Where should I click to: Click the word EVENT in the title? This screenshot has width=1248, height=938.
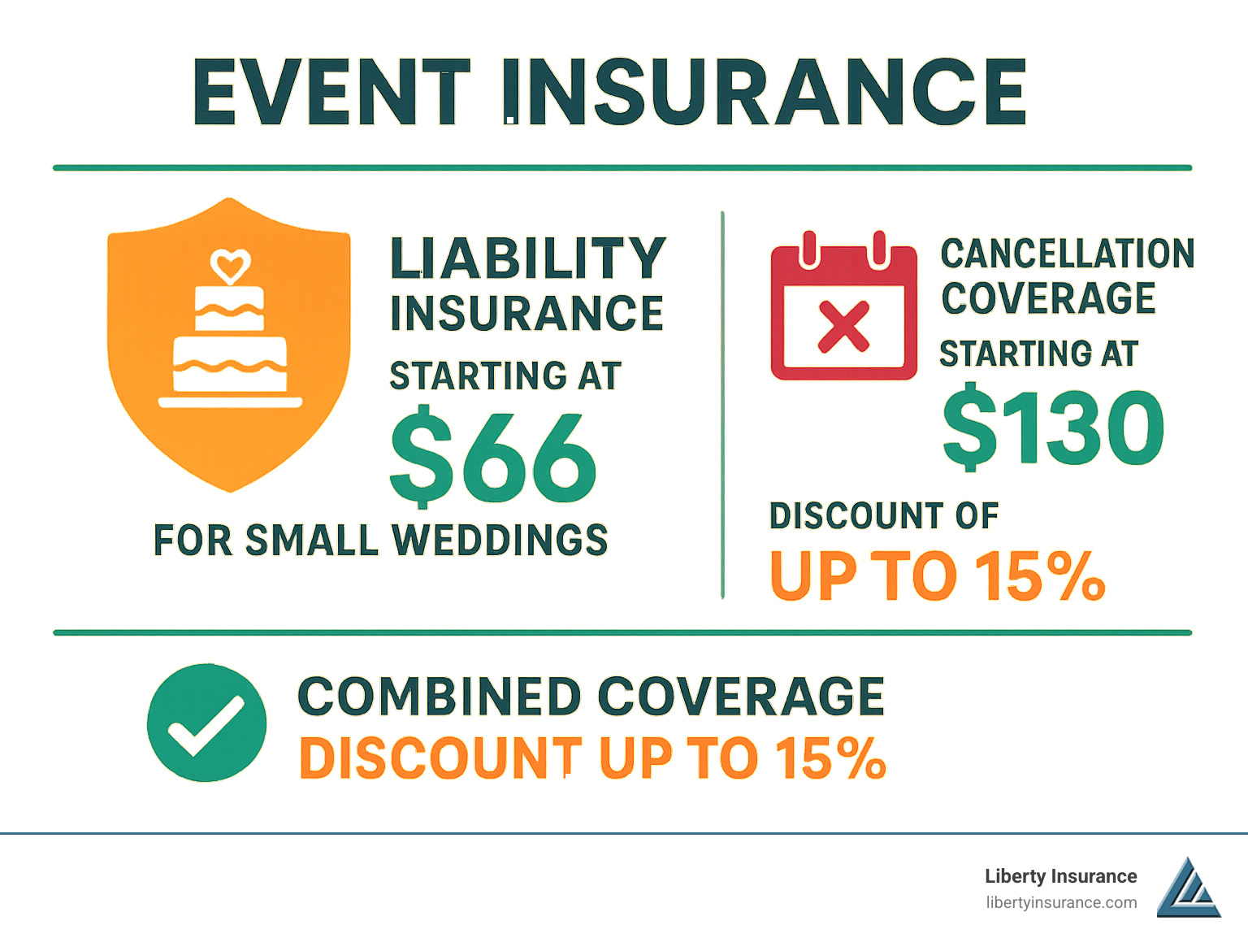click(331, 92)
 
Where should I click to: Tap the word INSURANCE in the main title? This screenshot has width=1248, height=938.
click(764, 92)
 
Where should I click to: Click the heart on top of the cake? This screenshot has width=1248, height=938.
click(230, 265)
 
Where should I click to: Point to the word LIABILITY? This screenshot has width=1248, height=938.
click(528, 258)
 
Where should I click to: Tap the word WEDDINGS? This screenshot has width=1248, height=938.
click(500, 541)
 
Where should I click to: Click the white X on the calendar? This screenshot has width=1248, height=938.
click(843, 327)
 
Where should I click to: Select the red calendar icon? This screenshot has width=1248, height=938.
click(843, 309)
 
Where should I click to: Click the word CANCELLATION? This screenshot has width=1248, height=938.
click(1067, 254)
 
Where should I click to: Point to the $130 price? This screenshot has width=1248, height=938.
click(1053, 428)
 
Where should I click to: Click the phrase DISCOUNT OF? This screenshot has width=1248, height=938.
click(884, 516)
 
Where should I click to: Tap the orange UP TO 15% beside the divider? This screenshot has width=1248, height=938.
click(937, 576)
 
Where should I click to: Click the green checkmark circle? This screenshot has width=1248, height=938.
click(206, 723)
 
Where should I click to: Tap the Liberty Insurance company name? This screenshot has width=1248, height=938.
click(1060, 876)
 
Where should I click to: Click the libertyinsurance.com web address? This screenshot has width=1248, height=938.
click(1061, 902)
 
